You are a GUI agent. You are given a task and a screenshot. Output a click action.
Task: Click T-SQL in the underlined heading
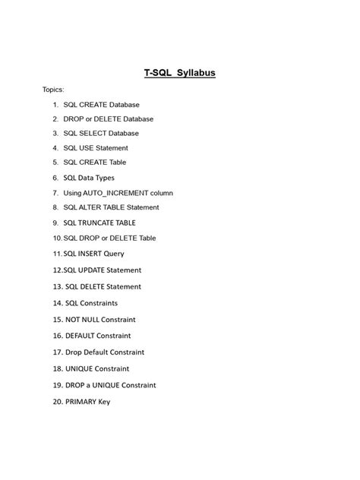coord(157,74)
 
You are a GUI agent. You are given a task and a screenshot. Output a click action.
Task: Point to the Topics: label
coord(53,90)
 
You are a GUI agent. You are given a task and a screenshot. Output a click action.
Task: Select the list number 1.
coord(55,104)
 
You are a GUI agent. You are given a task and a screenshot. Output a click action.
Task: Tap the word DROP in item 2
coord(74,119)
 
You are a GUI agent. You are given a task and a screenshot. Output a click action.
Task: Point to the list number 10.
coord(57,238)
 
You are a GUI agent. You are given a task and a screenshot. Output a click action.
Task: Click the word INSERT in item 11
coord(89,254)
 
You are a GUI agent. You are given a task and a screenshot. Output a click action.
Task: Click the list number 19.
coord(57,384)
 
